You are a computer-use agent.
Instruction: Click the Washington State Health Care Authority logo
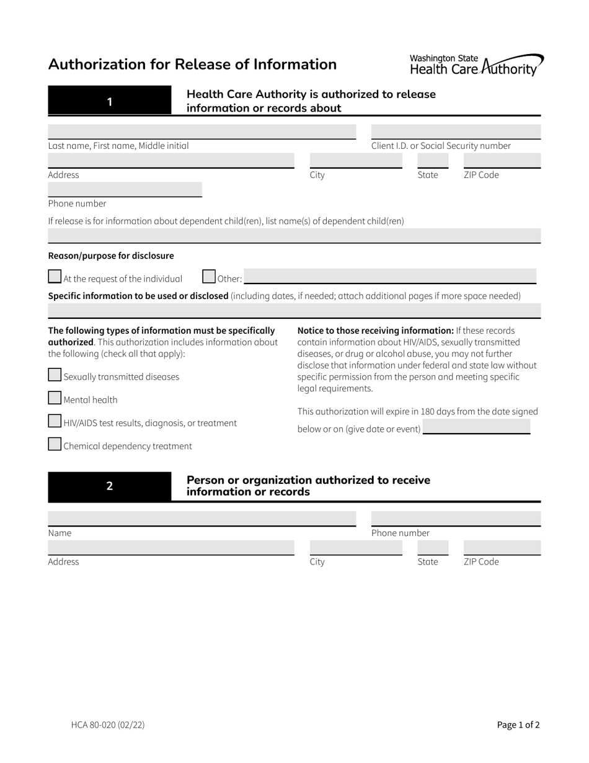[x=476, y=65]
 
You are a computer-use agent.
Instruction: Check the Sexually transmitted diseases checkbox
[x=55, y=375]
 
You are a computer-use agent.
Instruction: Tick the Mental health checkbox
[x=55, y=398]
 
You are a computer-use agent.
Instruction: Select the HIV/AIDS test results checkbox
[x=55, y=421]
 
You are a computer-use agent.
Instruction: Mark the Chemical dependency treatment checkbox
[x=55, y=444]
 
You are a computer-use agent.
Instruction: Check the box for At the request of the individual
[x=55, y=277]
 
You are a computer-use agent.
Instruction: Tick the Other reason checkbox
[x=209, y=277]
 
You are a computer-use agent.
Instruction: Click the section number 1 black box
[x=110, y=101]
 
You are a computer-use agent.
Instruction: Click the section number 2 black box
[x=110, y=486]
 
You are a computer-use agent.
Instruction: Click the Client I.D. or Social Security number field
[x=456, y=132]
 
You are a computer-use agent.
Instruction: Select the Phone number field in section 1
[x=125, y=189]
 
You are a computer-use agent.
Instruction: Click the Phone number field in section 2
[x=456, y=519]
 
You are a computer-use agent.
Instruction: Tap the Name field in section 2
[x=201, y=519]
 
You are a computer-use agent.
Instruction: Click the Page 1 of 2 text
[x=518, y=724]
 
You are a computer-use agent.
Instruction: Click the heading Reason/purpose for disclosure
[x=111, y=256]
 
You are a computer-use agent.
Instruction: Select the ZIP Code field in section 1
[x=502, y=161]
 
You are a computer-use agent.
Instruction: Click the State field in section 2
[x=433, y=547]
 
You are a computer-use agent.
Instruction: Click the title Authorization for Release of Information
[x=192, y=65]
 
